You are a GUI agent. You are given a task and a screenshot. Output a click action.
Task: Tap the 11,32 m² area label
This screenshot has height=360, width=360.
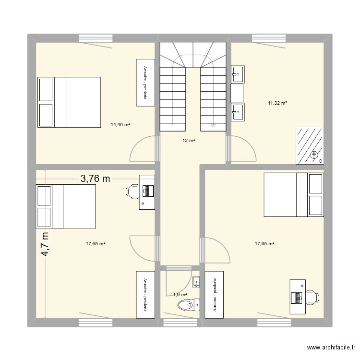click(x=277, y=103)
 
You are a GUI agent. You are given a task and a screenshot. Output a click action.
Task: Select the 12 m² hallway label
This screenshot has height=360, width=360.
click(x=188, y=141)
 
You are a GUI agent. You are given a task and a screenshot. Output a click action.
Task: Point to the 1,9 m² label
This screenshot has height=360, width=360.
click(x=180, y=294)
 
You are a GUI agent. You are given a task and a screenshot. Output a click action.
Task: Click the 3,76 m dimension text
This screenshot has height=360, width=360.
click(x=95, y=179)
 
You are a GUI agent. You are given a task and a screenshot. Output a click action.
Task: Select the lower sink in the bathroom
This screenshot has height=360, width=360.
click(x=238, y=112)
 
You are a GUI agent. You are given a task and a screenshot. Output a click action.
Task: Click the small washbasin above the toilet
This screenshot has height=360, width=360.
click(x=195, y=280)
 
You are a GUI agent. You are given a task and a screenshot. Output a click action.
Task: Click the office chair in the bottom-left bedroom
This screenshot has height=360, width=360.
click(x=132, y=191)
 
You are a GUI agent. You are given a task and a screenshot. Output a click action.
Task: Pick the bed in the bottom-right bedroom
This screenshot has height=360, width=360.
click(x=293, y=195)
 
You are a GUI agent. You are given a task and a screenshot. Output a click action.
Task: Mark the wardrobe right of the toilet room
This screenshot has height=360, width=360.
click(x=211, y=294)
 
